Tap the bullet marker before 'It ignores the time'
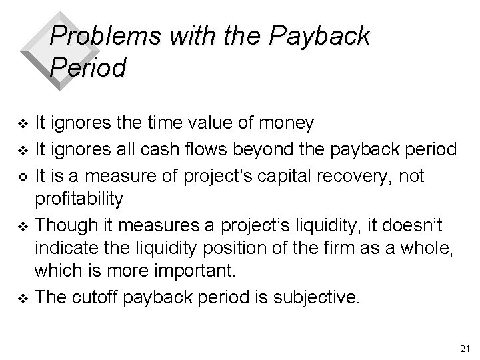tap(25, 125)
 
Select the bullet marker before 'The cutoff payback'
tap(25, 298)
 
